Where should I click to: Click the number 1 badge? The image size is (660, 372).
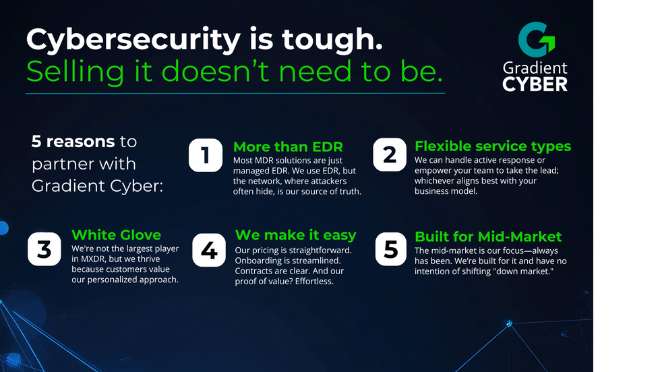(x=205, y=155)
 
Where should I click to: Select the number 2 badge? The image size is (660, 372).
(x=389, y=155)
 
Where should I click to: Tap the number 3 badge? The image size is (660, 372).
(x=44, y=249)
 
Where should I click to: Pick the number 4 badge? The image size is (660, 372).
(x=209, y=250)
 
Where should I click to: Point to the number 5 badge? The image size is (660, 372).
(x=390, y=249)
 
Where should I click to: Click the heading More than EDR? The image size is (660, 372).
(x=288, y=147)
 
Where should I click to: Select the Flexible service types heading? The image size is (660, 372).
(x=493, y=146)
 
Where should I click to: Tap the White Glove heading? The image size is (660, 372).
(x=116, y=235)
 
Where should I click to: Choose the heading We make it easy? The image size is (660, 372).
(x=295, y=235)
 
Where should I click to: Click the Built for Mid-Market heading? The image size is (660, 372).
(x=488, y=236)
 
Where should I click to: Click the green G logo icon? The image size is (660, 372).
(x=536, y=40)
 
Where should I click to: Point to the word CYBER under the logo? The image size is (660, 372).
(x=535, y=84)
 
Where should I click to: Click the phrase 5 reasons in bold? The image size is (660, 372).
(x=73, y=142)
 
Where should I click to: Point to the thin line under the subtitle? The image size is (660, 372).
(x=235, y=93)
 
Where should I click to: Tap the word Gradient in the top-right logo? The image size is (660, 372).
(x=535, y=68)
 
